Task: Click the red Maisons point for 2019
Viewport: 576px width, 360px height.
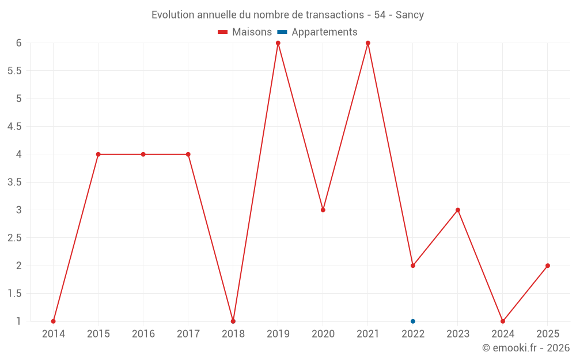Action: (x=278, y=43)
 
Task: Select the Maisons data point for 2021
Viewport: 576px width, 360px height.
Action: (x=368, y=43)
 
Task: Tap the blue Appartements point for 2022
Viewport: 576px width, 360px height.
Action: (x=413, y=321)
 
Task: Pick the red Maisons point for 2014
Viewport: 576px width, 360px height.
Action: (x=54, y=321)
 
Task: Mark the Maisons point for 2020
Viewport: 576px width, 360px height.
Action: (x=323, y=210)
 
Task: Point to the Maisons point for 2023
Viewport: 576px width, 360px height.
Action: (x=458, y=210)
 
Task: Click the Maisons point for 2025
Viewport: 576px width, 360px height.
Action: (x=548, y=266)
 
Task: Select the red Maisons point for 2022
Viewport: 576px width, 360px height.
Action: (x=413, y=266)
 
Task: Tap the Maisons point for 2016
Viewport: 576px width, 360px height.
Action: (x=143, y=154)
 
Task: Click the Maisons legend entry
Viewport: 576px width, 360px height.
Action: (x=245, y=32)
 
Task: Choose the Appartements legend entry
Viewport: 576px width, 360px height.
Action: (x=318, y=32)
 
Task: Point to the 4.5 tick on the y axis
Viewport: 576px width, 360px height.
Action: (x=14, y=127)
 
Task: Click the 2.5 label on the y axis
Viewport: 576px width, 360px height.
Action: (x=14, y=238)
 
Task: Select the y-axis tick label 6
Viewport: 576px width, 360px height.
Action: (x=18, y=43)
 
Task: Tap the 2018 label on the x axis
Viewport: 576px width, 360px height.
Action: (x=233, y=334)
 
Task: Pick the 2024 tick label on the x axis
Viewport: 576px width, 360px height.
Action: (x=503, y=334)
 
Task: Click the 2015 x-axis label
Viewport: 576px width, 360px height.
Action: (x=98, y=334)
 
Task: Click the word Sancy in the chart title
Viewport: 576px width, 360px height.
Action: (x=410, y=15)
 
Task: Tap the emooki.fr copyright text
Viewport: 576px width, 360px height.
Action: (x=526, y=348)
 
